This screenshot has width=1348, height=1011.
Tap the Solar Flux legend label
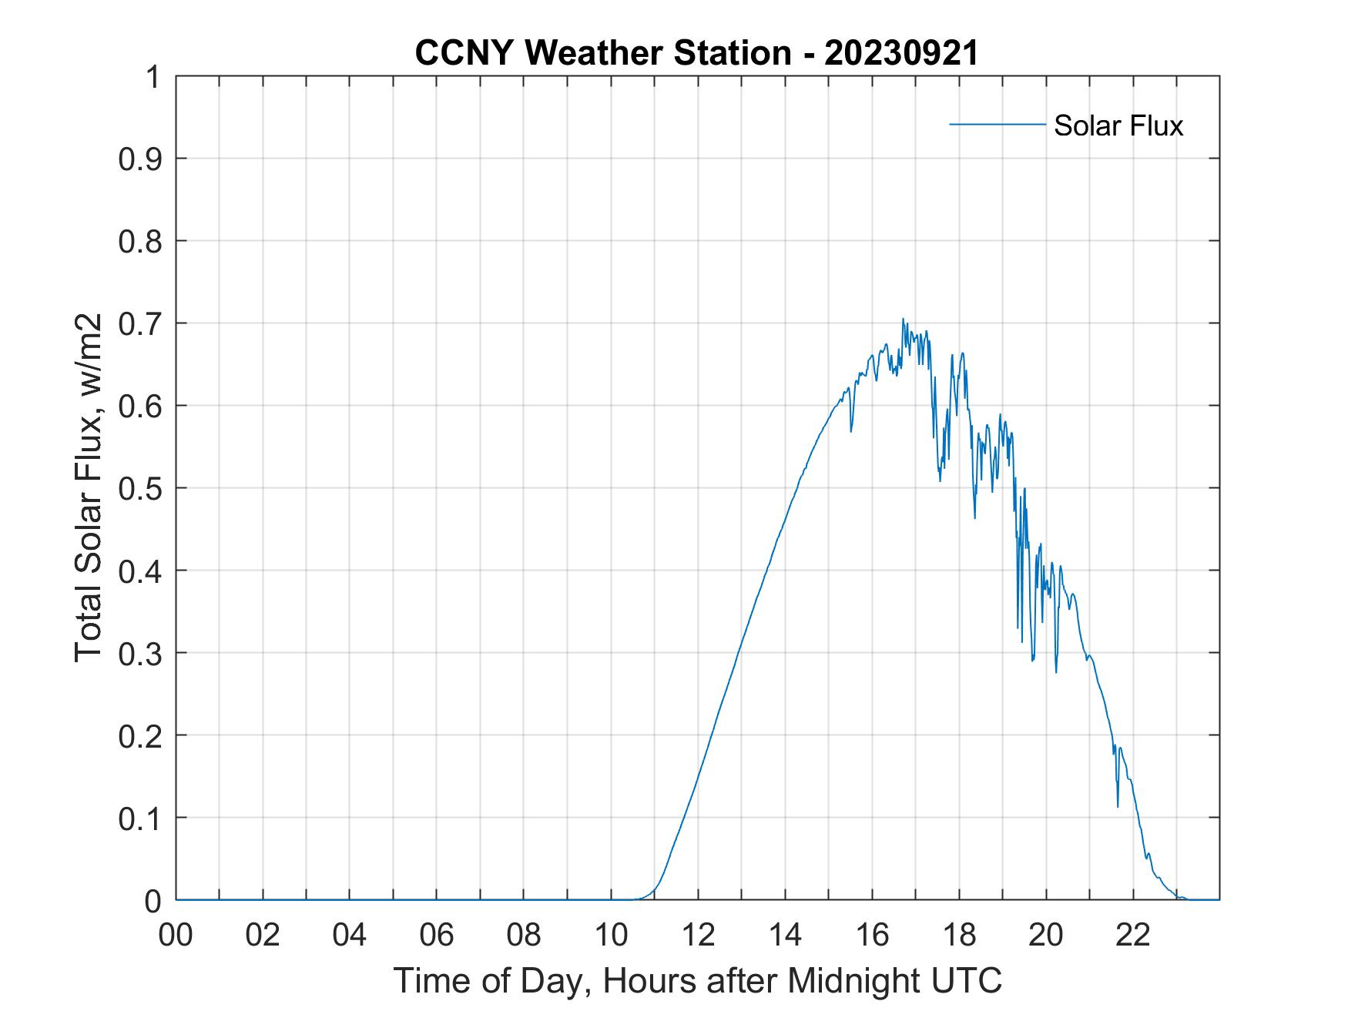click(1118, 125)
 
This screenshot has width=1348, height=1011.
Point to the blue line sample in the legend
click(997, 124)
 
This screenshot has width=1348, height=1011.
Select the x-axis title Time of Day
click(697, 980)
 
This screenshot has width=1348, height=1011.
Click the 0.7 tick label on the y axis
click(142, 323)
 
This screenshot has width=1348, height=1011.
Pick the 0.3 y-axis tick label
click(142, 653)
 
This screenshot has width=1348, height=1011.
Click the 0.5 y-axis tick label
click(142, 488)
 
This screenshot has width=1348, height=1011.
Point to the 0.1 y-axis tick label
click(142, 818)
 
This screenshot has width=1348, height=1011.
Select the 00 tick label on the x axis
click(176, 935)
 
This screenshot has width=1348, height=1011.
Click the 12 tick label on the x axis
click(698, 935)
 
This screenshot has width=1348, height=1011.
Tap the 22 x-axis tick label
click(1133, 935)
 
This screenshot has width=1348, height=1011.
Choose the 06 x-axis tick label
click(437, 935)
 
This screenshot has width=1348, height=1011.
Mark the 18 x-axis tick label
click(959, 935)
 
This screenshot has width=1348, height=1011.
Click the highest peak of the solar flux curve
click(903, 319)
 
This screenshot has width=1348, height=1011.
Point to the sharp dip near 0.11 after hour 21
click(1118, 806)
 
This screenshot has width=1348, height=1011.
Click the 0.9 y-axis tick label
click(142, 159)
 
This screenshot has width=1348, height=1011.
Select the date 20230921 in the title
click(901, 53)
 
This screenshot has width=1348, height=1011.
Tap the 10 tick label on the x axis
click(611, 935)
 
